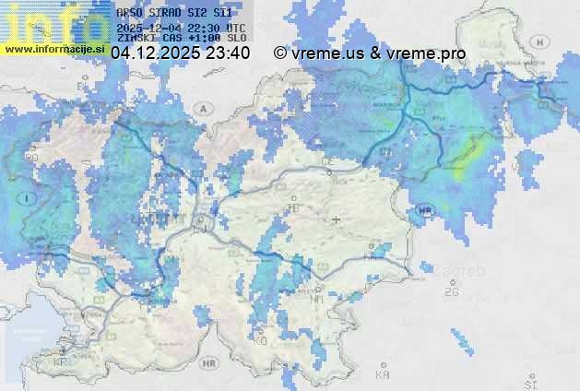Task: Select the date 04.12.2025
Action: click(153, 53)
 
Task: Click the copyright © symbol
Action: click(279, 53)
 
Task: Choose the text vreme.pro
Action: click(427, 53)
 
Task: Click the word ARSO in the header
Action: click(129, 14)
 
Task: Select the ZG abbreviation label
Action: click(451, 292)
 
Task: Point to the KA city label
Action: click(383, 374)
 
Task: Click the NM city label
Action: click(319, 299)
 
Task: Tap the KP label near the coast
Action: click(62, 362)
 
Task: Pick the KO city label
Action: click(261, 340)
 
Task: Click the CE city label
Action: click(326, 161)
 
